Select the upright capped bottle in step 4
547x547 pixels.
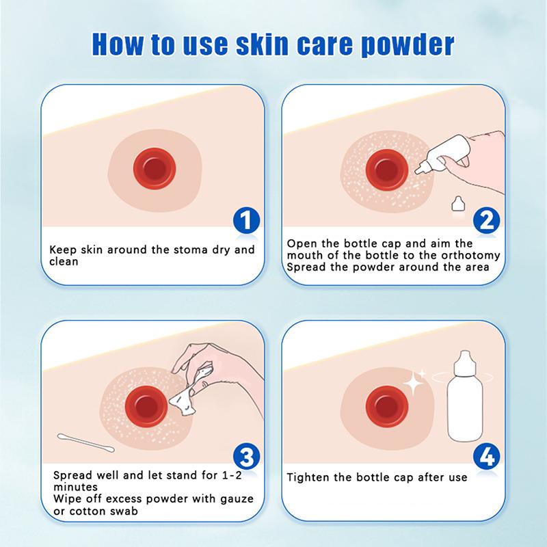click(x=465, y=398)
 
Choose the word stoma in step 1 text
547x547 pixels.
click(x=175, y=250)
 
